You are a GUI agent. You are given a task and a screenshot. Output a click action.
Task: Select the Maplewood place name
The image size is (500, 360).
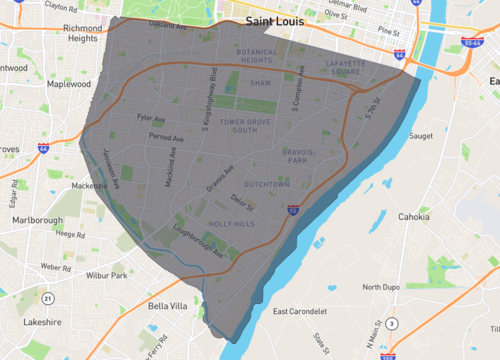(x=68, y=85)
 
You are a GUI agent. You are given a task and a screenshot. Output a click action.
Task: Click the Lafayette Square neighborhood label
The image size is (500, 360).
(x=348, y=67)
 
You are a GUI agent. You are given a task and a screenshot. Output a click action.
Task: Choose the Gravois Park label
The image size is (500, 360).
(x=301, y=155)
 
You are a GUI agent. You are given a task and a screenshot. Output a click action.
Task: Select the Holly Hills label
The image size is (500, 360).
(x=231, y=224)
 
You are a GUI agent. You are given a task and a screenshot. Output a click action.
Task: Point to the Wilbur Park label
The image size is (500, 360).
(x=105, y=274)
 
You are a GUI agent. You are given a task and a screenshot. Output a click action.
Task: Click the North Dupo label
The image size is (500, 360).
(x=382, y=286)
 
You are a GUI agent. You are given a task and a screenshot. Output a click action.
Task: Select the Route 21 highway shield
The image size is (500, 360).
(x=47, y=298)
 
